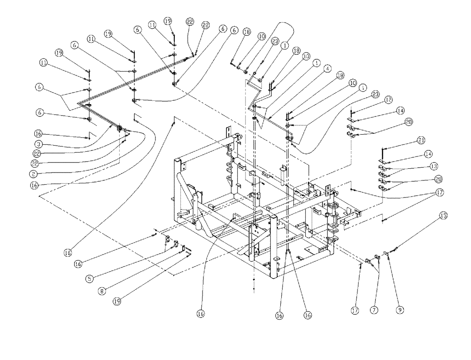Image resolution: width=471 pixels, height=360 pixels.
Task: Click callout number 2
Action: [41, 173]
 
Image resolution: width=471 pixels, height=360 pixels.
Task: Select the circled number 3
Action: [41, 143]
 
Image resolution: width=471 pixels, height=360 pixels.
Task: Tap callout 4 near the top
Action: [327, 67]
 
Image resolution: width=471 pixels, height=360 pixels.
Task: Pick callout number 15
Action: [443, 216]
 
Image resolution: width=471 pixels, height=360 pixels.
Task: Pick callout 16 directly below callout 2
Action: [41, 185]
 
